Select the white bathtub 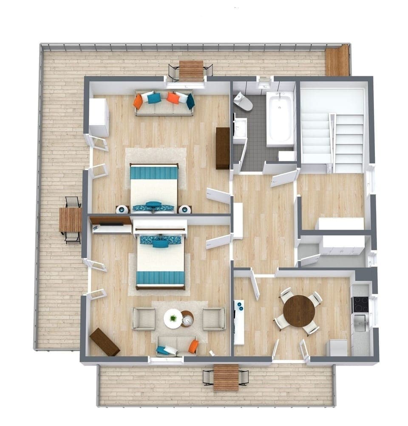tap(280, 119)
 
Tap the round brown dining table tap(299, 311)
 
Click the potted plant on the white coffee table tap(173, 318)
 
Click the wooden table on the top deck tap(191, 70)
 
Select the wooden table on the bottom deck tap(226, 377)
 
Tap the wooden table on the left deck tap(70, 220)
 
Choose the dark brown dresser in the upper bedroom tap(223, 148)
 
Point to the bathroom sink tap(240, 128)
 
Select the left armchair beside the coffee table tap(144, 319)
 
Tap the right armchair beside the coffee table tap(214, 319)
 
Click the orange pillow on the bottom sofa tap(193, 346)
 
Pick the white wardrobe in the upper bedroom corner tap(99, 117)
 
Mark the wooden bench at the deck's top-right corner tap(337, 61)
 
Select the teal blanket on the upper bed tap(154, 173)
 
